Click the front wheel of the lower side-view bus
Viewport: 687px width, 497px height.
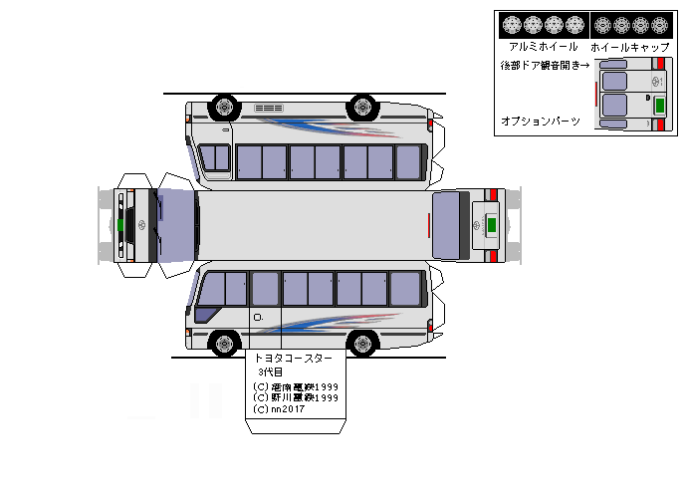coord(225,345)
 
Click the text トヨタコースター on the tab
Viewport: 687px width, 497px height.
coord(294,358)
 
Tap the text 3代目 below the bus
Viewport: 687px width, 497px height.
coord(270,373)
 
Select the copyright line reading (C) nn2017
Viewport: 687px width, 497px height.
coord(281,408)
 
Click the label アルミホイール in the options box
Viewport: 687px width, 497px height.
coord(543,47)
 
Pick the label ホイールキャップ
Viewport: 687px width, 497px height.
coord(629,47)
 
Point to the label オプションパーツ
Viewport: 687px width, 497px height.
coord(541,121)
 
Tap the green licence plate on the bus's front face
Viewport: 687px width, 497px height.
coord(120,225)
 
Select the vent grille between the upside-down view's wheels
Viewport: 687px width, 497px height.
coord(270,108)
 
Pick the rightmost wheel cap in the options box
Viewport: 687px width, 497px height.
coord(663,24)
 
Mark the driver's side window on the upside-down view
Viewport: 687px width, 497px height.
coord(214,157)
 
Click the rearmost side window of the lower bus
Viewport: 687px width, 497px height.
coord(405,288)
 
